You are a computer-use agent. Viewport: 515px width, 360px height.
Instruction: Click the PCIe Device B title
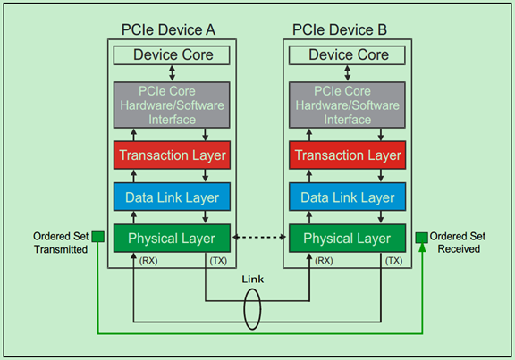tap(341, 30)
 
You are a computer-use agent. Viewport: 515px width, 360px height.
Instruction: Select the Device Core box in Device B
tap(342, 55)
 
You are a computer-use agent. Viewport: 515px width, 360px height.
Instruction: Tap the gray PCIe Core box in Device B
tap(342, 105)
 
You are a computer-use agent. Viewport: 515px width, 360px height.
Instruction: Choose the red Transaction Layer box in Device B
tap(342, 155)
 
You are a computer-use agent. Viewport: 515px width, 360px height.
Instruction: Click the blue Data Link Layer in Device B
tap(342, 197)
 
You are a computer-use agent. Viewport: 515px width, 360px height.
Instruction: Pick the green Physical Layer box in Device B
tap(342, 239)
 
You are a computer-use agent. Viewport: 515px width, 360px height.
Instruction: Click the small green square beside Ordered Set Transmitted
tap(97, 237)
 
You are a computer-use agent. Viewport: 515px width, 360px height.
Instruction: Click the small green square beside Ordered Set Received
tap(420, 237)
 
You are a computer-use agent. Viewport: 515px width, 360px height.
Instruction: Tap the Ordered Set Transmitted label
tap(60, 243)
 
